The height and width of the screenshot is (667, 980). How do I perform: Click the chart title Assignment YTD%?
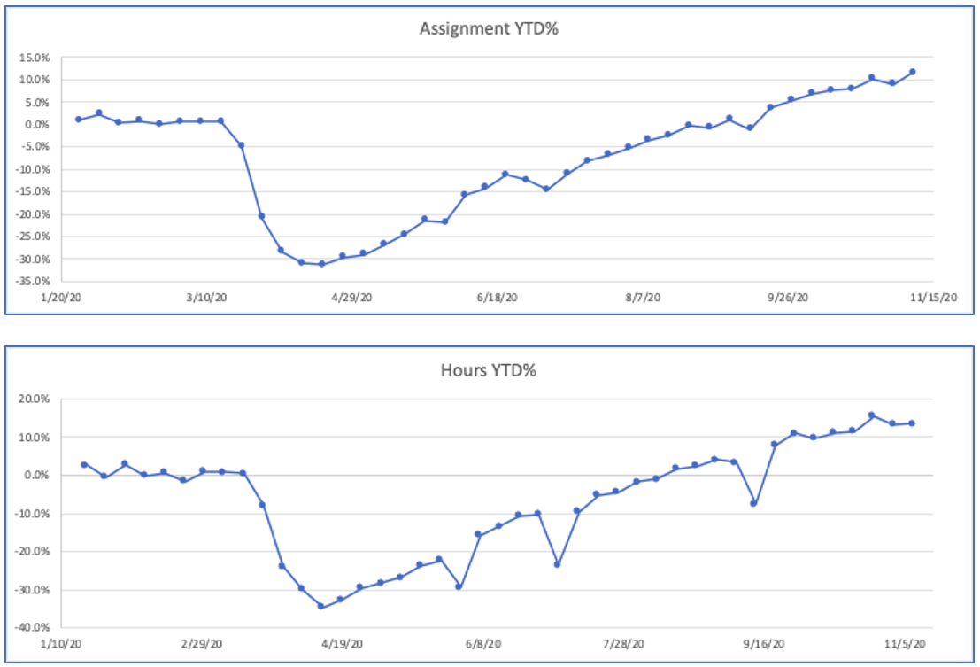coord(490,28)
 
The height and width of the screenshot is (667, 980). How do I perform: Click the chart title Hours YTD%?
coord(490,370)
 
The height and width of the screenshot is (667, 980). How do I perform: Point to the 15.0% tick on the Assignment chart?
coord(34,58)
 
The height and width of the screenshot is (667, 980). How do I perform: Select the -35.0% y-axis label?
coord(32,281)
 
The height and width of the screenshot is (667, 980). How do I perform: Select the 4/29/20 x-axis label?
coord(352,299)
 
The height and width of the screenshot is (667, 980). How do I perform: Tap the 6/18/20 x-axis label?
coord(498,299)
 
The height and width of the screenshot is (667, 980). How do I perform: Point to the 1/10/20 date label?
coord(64,645)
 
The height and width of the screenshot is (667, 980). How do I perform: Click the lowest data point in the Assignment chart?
coord(321,264)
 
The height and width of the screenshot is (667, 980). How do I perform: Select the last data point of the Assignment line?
coord(912,72)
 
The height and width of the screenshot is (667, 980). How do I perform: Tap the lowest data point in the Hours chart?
coord(320,607)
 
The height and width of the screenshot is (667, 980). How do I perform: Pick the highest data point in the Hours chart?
coord(872,415)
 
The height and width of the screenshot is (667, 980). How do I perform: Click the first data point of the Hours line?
coord(84,464)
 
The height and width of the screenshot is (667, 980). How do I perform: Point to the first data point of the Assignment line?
coord(78,119)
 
